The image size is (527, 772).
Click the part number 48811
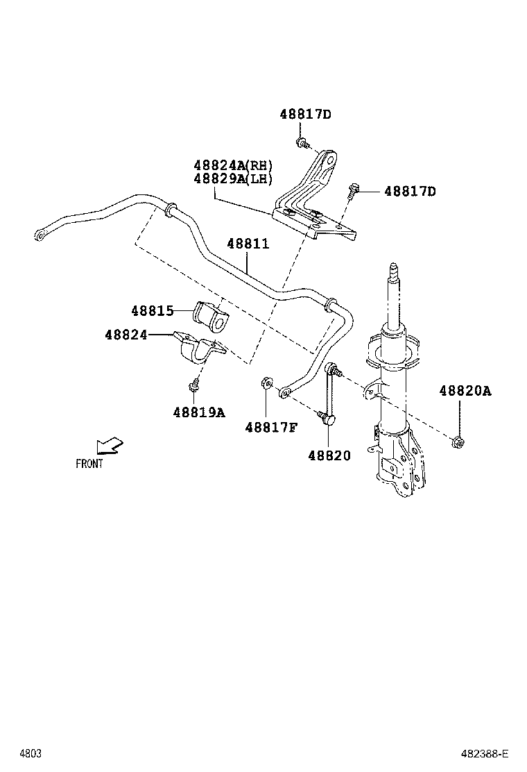click(248, 244)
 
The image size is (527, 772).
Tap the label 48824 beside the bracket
click(126, 335)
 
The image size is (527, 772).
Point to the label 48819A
click(199, 412)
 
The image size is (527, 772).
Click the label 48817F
click(270, 427)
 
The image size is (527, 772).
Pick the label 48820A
click(465, 392)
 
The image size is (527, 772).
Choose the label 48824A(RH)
click(233, 165)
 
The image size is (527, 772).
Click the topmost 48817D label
click(306, 114)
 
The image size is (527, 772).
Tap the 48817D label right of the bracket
click(410, 191)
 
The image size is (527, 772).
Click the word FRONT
click(89, 464)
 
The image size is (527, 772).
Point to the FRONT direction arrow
click(109, 444)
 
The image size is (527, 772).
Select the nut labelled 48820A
click(458, 442)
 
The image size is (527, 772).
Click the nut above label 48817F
click(266, 383)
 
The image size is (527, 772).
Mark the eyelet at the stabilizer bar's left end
click(40, 235)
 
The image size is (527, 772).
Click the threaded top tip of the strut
click(393, 267)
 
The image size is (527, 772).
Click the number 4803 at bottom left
click(30, 754)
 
